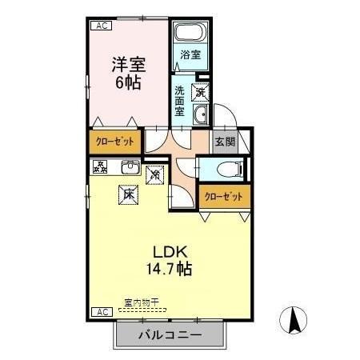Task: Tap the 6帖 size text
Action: pos(128,82)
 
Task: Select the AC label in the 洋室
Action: pos(102,26)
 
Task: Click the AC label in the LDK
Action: pos(102,311)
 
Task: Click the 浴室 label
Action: pos(190,55)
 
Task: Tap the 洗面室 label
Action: pos(180,99)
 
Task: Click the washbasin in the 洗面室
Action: pos(200,114)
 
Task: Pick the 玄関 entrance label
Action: pos(225,142)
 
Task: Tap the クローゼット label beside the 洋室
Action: pos(115,142)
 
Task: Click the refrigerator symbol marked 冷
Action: pos(155,171)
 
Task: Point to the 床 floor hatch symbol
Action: pos(127,193)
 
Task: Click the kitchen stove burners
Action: pos(100,166)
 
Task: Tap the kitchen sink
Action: pos(130,167)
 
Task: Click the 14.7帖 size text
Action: pos(168,270)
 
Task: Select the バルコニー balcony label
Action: pos(168,334)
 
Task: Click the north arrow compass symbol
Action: pos(294,321)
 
